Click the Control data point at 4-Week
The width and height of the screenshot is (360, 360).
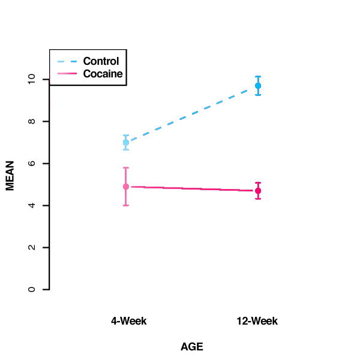[126, 142]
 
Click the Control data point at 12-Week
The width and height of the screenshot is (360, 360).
[258, 86]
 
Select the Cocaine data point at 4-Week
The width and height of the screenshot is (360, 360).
[126, 187]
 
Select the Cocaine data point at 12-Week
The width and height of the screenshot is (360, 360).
[258, 191]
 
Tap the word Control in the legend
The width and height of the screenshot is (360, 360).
[101, 61]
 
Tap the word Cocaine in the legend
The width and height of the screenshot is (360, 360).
[103, 74]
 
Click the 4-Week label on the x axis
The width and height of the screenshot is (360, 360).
[128, 321]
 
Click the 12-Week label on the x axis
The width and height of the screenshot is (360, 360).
[257, 321]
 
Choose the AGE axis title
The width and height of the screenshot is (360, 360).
[192, 347]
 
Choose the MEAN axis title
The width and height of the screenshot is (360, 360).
[10, 174]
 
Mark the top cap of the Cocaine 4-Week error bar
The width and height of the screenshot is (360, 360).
[126, 168]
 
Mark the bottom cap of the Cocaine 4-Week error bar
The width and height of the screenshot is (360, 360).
[126, 205]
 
